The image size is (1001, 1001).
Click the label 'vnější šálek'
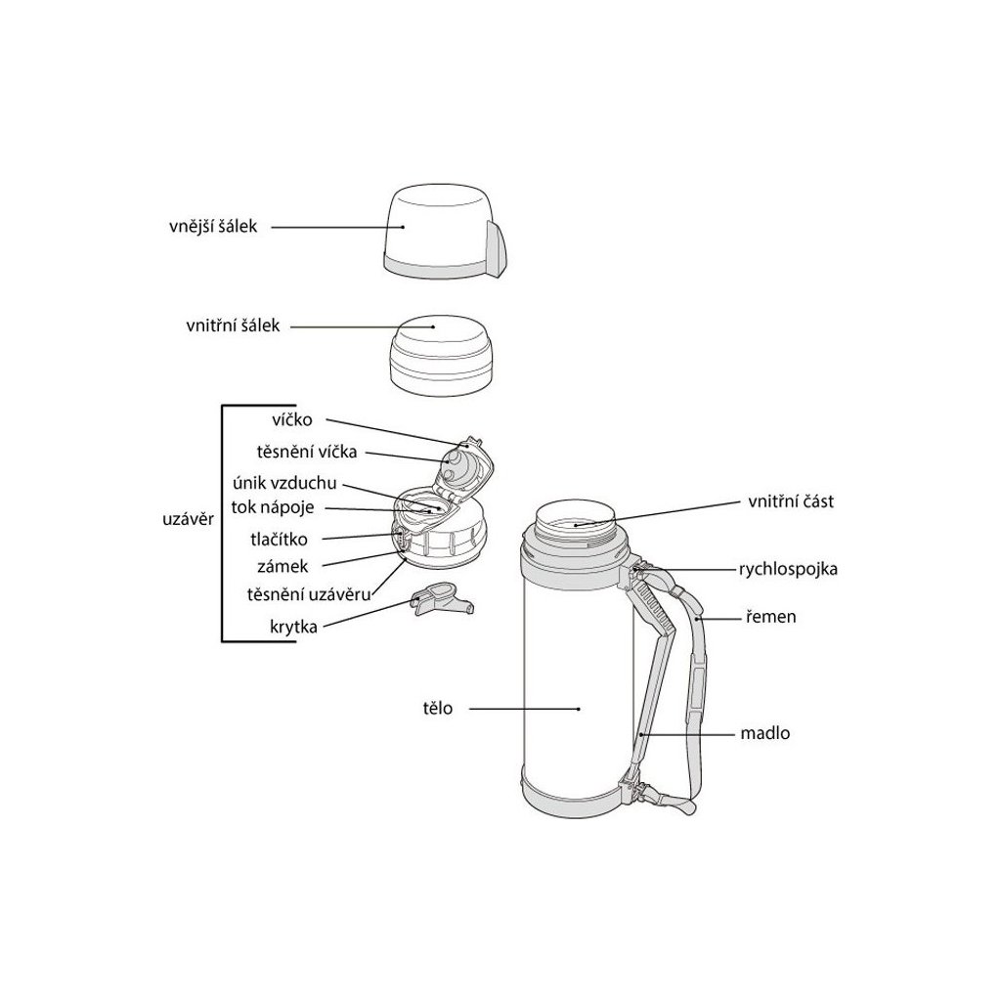coord(213,227)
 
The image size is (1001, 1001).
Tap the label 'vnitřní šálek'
coord(233,326)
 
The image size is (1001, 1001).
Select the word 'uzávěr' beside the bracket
coord(188,519)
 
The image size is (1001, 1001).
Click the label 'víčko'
coord(292,420)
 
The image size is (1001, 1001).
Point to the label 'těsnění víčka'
coord(307,452)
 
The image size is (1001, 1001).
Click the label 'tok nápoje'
coord(273,508)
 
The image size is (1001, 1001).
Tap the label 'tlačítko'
coord(279,540)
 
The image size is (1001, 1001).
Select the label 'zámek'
coord(283,566)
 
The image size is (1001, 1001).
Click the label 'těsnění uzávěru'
coord(309,594)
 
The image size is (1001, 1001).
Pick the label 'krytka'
coord(293,627)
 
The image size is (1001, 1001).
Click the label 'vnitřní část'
coord(791,501)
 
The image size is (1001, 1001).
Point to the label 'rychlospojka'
coord(789,569)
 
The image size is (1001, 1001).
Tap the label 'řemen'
coord(771,617)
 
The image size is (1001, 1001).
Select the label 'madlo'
coord(764,733)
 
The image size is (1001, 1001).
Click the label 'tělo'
coord(437,708)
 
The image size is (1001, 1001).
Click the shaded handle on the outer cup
coord(498,249)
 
